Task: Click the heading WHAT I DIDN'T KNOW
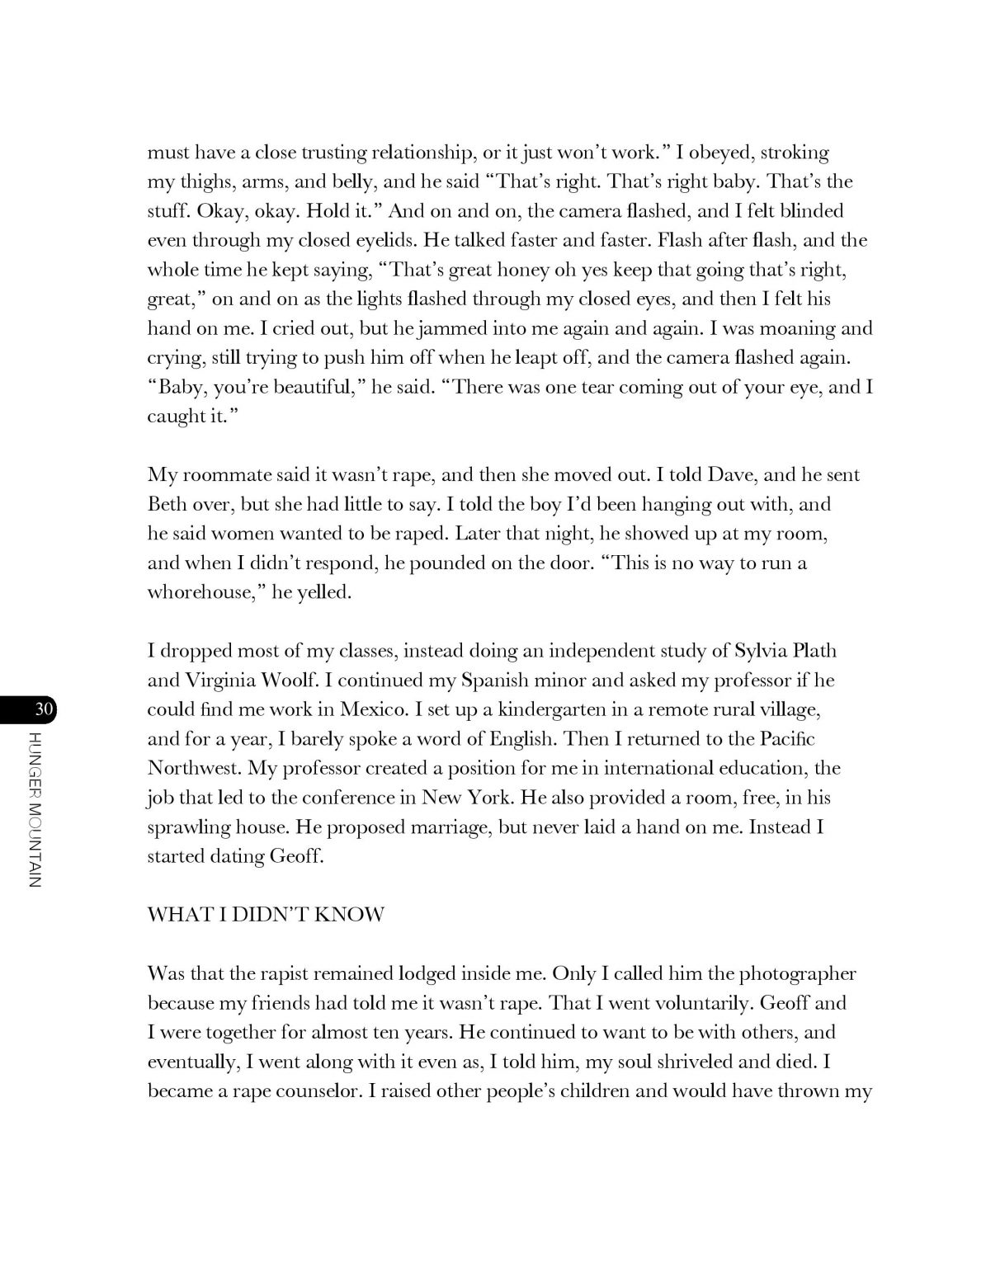point(266,916)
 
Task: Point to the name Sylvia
point(759,651)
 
